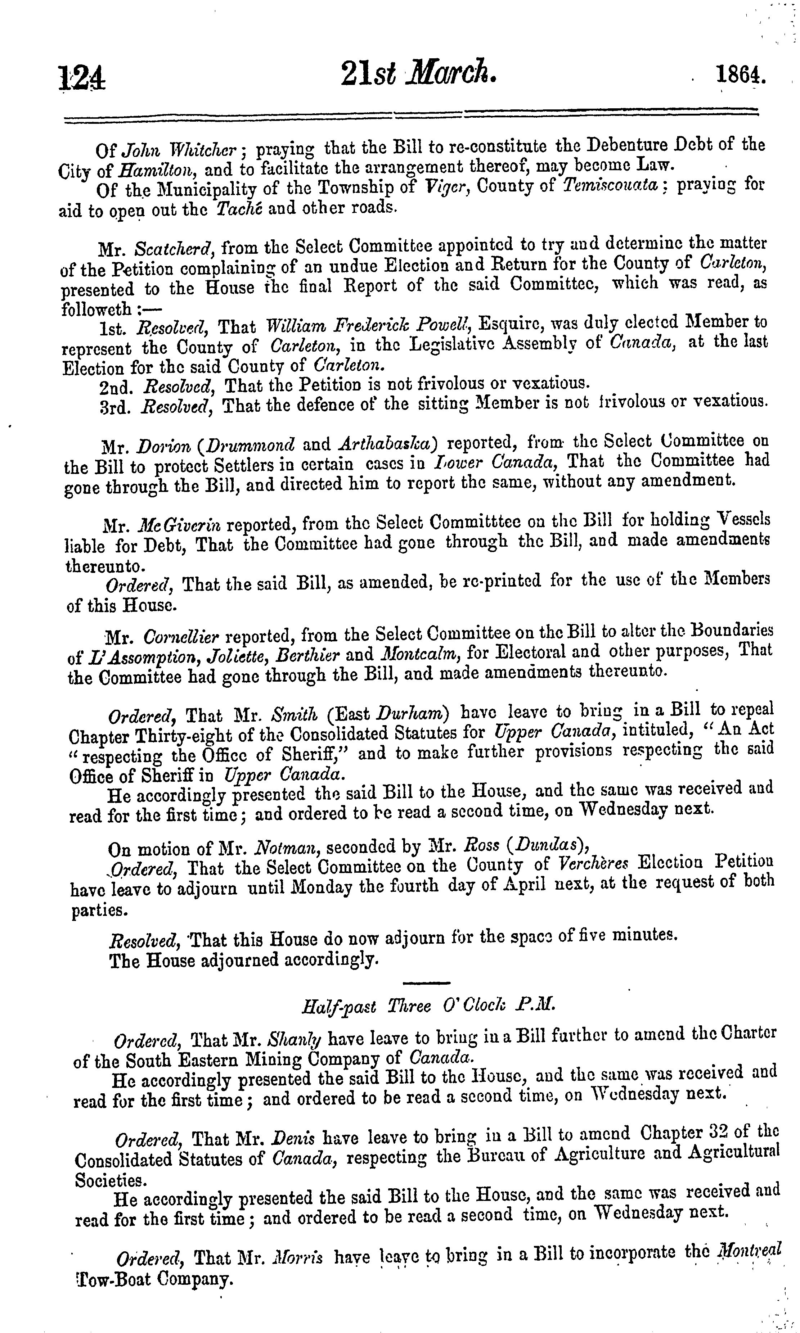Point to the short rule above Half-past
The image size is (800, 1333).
(426, 982)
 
